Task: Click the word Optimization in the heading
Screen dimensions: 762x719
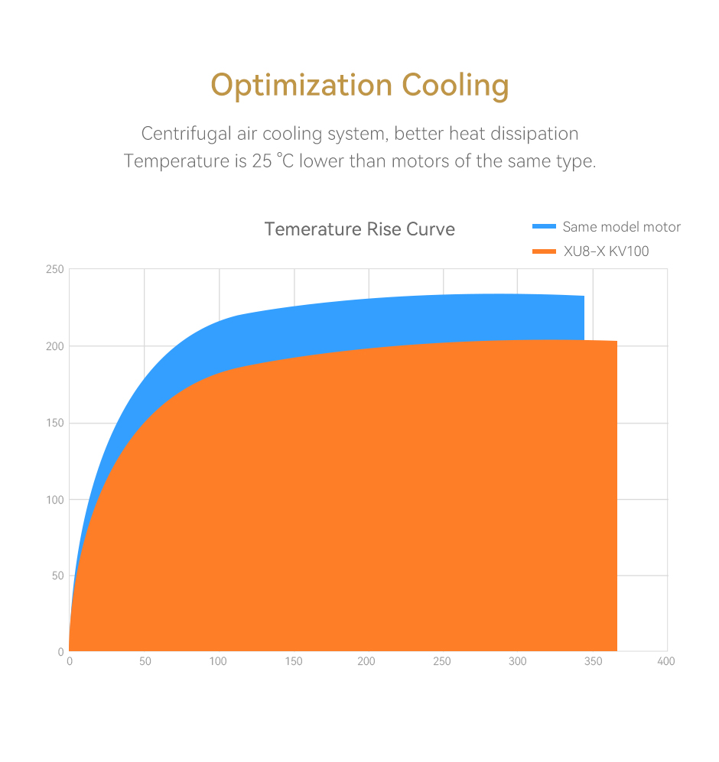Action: [x=301, y=86]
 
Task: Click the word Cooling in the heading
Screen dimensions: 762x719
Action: [x=456, y=86]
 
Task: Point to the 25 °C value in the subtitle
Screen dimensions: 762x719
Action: [x=272, y=162]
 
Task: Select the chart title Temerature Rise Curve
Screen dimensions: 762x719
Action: [x=359, y=229]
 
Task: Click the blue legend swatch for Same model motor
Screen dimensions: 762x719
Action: [x=544, y=226]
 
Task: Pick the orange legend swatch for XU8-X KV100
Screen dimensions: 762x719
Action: [x=544, y=251]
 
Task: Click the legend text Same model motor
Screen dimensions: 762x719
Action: [x=621, y=227]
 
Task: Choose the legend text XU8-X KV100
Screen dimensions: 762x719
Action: [x=606, y=251]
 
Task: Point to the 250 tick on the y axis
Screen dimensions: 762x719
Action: [x=54, y=270]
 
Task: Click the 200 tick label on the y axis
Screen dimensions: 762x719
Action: [x=54, y=346]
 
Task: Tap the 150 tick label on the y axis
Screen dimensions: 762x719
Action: [x=54, y=423]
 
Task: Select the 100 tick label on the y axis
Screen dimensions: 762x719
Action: [x=54, y=499]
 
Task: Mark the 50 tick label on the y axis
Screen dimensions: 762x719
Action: [x=57, y=576]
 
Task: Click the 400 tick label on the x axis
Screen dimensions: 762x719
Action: [x=666, y=661]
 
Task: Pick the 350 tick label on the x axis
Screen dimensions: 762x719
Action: [x=592, y=661]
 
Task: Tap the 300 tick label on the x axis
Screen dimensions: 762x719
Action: [x=517, y=661]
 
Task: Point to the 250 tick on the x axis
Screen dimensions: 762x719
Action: [x=442, y=661]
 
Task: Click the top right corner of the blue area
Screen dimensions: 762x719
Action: [x=584, y=297]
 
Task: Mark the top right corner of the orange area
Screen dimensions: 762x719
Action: [x=617, y=342]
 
